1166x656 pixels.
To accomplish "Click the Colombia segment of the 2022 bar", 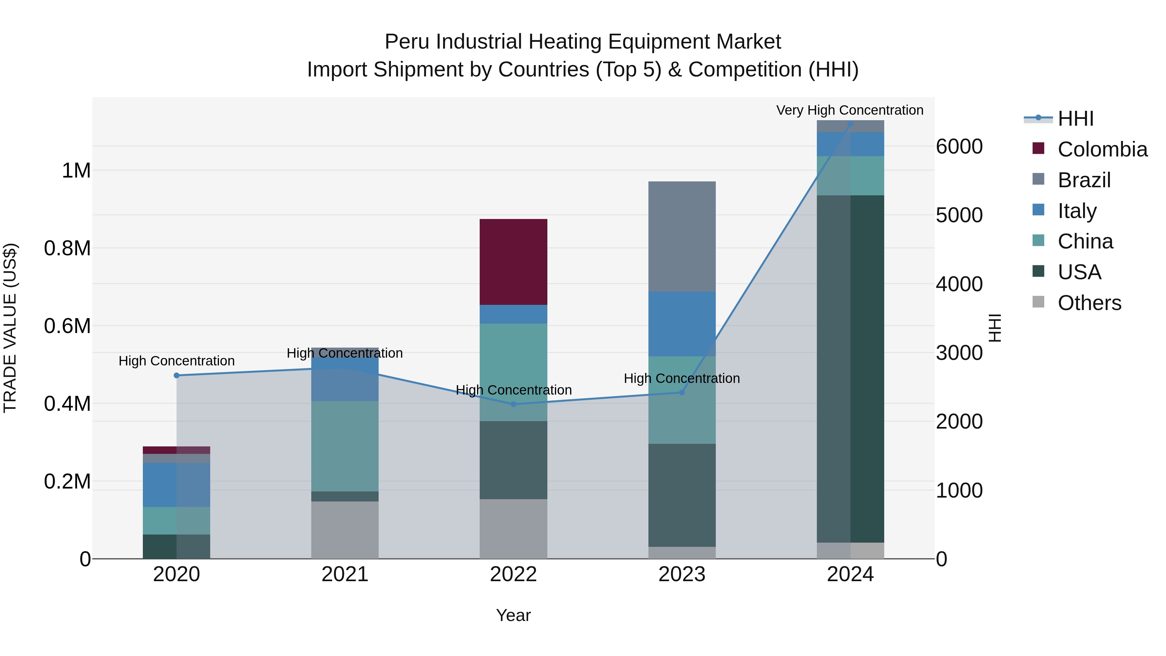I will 513,262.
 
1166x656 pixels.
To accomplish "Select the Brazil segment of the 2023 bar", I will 682,236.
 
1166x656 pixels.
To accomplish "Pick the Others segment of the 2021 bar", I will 345,530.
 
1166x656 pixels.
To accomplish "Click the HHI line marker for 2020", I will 177,375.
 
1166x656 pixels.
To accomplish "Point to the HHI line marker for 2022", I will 513,404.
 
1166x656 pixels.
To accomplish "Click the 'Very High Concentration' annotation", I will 850,110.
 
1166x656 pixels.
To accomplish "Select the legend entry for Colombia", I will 1102,149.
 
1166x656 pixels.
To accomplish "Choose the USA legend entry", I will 1079,272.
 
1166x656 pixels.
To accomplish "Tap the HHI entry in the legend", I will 1075,119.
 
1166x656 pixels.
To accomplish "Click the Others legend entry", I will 1089,303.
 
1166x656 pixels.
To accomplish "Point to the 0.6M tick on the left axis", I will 67,326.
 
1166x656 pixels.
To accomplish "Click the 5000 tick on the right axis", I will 959,215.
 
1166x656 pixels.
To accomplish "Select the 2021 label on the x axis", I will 345,574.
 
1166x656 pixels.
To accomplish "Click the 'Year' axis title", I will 513,615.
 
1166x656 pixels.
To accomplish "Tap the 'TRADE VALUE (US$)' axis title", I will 10,328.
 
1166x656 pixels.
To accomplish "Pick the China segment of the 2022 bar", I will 513,372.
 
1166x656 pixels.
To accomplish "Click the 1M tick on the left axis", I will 76,171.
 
